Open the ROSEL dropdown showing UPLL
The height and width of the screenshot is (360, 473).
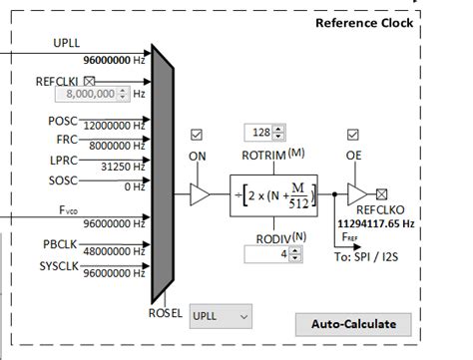221,316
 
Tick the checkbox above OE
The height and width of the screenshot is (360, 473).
353,134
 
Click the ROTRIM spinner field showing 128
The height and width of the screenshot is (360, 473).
264,133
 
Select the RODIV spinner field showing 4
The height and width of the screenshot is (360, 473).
264,254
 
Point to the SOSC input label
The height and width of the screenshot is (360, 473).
62,180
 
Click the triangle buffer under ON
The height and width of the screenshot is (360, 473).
200,195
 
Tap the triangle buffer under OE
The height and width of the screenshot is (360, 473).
356,195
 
